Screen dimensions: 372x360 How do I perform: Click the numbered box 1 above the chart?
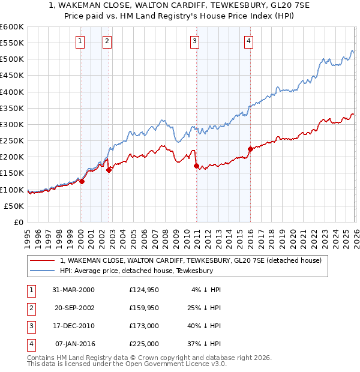click(x=80, y=41)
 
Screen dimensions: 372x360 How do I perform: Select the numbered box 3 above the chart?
click(x=195, y=41)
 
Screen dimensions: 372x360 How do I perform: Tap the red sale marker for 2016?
click(x=250, y=149)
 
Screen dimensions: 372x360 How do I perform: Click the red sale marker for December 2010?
click(x=196, y=166)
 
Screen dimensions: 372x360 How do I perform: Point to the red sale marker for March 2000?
click(x=82, y=182)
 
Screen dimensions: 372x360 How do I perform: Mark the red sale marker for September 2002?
click(x=109, y=170)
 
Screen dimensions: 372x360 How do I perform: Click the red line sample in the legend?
click(x=42, y=260)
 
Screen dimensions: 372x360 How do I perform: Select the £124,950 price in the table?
click(x=144, y=290)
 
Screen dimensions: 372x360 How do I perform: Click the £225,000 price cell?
click(x=144, y=344)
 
